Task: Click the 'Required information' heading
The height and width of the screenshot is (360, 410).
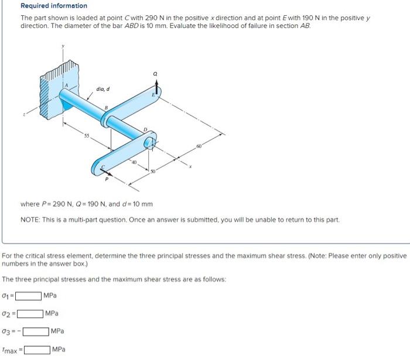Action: point(54,6)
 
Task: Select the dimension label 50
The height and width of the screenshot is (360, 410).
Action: point(153,170)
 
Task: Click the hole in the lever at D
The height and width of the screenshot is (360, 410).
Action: point(149,142)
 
